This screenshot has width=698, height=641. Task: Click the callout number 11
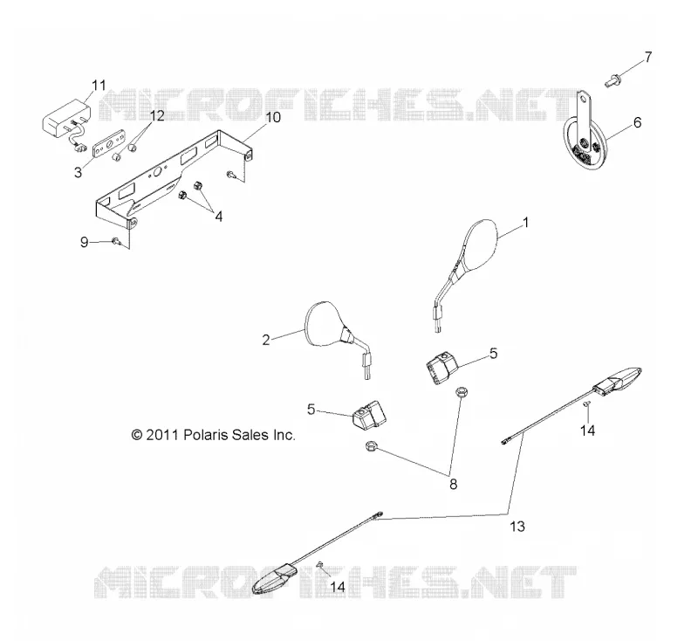click(x=99, y=85)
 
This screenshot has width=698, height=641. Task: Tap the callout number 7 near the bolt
click(x=648, y=57)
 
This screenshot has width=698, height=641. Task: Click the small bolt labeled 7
click(x=612, y=81)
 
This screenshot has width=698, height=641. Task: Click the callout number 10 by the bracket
click(x=273, y=118)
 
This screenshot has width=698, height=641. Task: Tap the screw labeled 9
click(x=117, y=241)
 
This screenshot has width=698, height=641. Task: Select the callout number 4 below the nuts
click(x=219, y=217)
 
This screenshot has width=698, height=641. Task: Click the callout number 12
click(x=157, y=116)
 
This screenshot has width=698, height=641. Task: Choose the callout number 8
click(x=453, y=484)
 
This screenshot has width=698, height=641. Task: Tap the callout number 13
click(x=517, y=527)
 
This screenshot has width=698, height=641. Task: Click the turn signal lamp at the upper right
click(x=618, y=380)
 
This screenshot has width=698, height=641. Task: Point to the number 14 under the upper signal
click(x=587, y=431)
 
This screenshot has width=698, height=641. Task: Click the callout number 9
click(x=84, y=242)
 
